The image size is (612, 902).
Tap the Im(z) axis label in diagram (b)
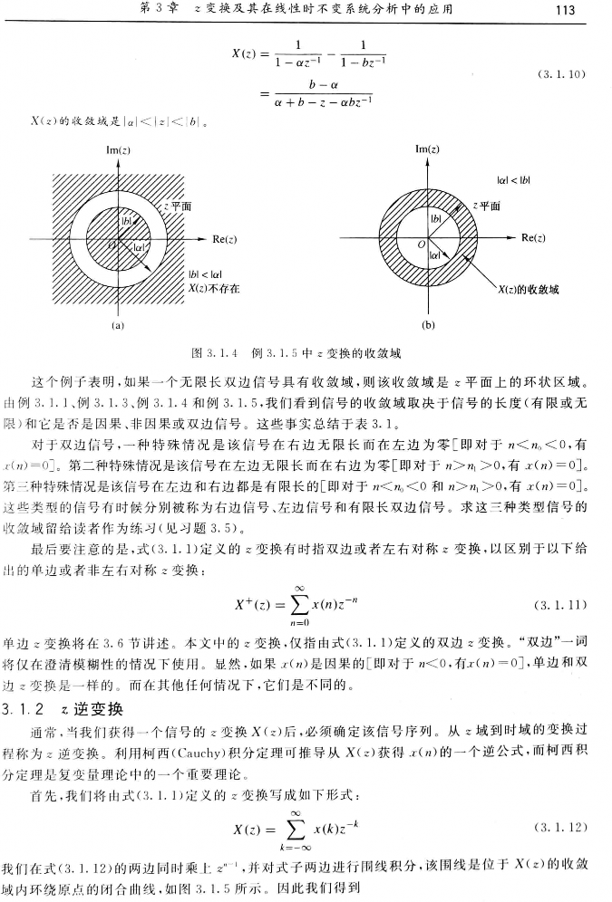429,148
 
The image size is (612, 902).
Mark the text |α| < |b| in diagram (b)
513,180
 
